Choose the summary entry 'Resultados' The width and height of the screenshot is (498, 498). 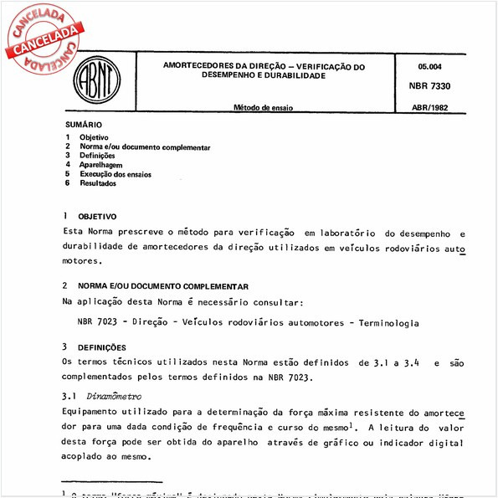click(99, 183)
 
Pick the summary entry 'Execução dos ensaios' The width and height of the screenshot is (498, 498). click(116, 174)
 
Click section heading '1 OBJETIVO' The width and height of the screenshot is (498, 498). click(91, 216)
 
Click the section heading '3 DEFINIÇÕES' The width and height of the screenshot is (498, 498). click(95, 347)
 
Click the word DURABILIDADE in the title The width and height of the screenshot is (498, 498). click(285, 75)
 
